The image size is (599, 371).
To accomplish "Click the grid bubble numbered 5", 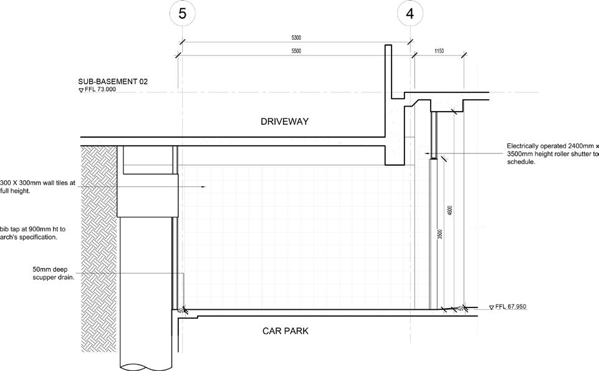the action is click(182, 13).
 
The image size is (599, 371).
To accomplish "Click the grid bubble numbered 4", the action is click(410, 13).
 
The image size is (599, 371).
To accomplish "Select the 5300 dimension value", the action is click(295, 38).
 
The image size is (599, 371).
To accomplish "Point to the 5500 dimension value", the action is click(295, 51).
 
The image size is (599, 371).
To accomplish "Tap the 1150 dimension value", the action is click(439, 51).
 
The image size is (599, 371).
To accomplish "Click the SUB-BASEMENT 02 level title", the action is click(113, 82).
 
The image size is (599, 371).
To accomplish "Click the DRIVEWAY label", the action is click(284, 122).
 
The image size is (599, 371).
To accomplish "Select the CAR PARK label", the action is click(285, 331).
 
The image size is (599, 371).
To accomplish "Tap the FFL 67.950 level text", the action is click(511, 307).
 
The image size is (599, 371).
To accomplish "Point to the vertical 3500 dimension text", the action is click(439, 235).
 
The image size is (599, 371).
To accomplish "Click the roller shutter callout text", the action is click(552, 154).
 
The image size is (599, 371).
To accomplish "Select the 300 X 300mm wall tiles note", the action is click(37, 187).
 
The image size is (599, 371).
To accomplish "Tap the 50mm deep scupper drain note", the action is click(54, 273).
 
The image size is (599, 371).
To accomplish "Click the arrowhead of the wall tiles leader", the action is click(204, 186).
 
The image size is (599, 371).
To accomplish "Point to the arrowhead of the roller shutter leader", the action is click(427, 153).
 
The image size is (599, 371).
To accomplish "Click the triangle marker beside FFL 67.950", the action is click(491, 307).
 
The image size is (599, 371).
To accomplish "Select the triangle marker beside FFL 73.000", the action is click(81, 90).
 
